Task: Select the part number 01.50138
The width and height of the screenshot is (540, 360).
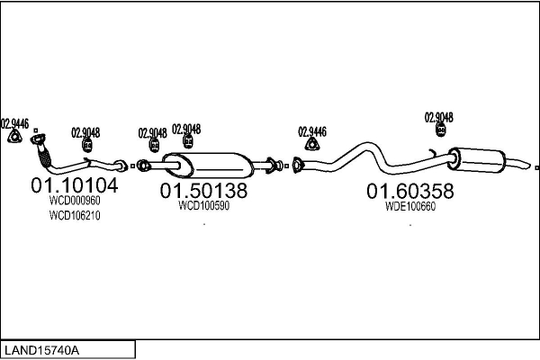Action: click(203, 192)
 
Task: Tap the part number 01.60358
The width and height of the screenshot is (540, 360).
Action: click(409, 192)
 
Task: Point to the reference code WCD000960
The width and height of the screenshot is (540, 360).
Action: click(75, 202)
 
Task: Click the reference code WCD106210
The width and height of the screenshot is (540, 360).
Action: click(75, 216)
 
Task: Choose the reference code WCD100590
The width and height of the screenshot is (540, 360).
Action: click(204, 205)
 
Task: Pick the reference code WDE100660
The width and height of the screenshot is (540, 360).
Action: click(409, 205)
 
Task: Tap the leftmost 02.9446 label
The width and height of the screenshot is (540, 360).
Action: click(14, 123)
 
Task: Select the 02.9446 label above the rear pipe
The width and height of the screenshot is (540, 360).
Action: click(311, 130)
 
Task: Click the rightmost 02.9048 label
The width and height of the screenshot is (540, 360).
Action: click(438, 117)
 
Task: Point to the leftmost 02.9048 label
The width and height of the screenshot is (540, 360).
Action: click(86, 132)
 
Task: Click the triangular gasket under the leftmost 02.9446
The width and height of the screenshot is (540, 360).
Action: click(14, 137)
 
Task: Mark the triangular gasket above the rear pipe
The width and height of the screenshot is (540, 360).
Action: click(312, 144)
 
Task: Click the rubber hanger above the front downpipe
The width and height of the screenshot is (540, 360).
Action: click(87, 145)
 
